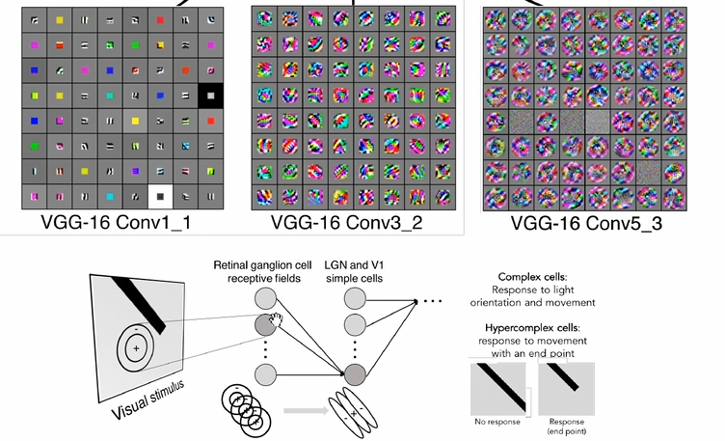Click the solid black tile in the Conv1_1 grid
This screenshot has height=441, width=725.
tap(210, 96)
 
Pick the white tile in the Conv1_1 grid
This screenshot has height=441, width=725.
tap(159, 196)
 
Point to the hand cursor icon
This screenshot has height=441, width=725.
tap(277, 319)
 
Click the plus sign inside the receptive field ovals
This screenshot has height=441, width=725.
tap(137, 347)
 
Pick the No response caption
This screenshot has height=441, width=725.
tap(498, 421)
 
